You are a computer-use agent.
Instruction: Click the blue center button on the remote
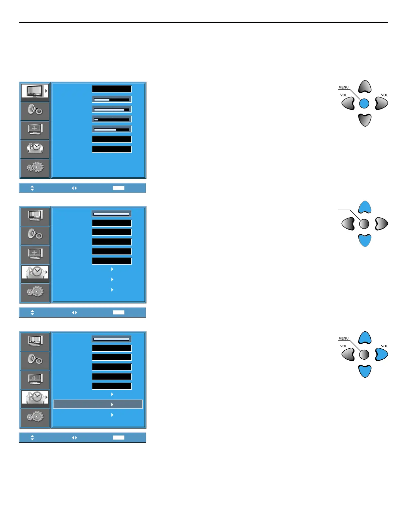point(364,103)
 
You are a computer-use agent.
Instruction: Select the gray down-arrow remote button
point(365,120)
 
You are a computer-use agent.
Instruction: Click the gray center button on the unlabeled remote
point(364,224)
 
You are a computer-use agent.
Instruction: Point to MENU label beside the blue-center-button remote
point(343,88)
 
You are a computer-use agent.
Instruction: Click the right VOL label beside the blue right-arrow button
point(384,346)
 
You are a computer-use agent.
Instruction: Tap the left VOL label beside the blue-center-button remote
point(343,95)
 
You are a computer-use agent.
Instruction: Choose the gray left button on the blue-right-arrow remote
point(348,354)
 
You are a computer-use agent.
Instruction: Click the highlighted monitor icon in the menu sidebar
point(35,91)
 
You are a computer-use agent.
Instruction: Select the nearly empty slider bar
point(112,119)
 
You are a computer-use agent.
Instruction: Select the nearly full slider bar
point(112,109)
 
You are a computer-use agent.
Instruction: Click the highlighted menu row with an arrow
point(98,404)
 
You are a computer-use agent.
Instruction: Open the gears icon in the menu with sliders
point(35,167)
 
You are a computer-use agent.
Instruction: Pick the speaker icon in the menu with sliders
point(35,110)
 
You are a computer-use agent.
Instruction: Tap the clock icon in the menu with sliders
point(35,148)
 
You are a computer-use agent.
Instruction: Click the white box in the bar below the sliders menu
point(118,188)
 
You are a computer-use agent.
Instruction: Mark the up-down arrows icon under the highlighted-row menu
point(32,438)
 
